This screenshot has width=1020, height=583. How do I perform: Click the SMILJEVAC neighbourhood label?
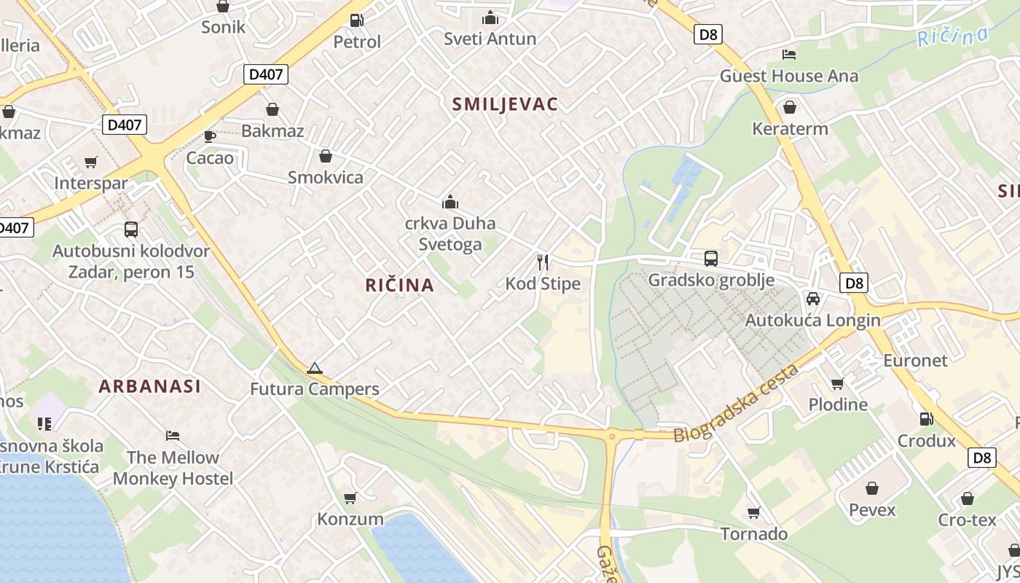[505, 104]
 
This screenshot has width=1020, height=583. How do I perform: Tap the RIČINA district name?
[400, 286]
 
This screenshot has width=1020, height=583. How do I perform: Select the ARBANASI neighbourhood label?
[149, 386]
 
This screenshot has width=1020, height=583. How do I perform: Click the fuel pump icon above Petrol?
[356, 20]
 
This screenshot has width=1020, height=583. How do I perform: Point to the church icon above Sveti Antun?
[490, 17]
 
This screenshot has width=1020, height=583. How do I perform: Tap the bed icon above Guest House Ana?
[788, 55]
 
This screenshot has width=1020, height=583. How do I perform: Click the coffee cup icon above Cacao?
[210, 136]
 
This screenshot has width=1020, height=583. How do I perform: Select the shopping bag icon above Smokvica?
[325, 156]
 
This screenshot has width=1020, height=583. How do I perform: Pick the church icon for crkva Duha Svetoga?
[450, 202]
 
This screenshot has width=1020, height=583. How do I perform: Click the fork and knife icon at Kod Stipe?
[543, 262]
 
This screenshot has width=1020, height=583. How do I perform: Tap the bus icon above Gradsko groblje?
[710, 259]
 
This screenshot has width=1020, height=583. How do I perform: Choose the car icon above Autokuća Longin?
[812, 299]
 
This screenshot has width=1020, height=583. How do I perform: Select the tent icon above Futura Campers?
[314, 368]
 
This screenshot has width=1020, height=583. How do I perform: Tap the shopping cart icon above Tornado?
[754, 513]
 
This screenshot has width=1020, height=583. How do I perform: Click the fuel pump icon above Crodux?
[926, 419]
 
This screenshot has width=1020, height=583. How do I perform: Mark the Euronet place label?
[915, 361]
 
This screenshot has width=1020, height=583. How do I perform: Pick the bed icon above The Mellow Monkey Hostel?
[173, 436]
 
